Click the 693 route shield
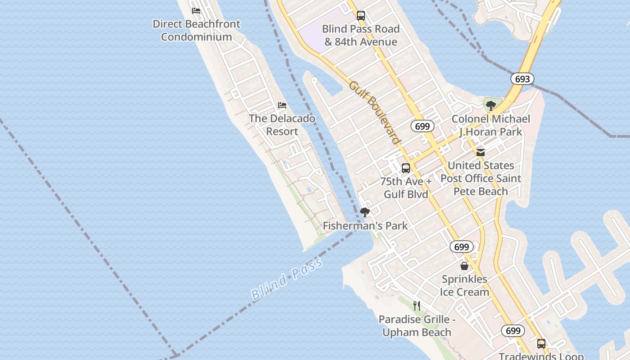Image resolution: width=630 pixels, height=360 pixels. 522,79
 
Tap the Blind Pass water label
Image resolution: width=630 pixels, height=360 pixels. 287,279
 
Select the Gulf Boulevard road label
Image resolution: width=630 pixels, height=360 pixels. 374,112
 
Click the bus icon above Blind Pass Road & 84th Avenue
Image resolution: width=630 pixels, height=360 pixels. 361,16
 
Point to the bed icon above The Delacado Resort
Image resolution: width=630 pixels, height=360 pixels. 282,105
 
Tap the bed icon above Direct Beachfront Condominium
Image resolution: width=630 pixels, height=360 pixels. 196,11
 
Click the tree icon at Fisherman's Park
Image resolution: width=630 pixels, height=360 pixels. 365,212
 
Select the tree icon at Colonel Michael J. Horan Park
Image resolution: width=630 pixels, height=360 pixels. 491,106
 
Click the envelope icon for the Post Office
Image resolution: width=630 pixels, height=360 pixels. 481,153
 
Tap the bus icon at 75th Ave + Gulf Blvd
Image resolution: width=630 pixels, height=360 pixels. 406,168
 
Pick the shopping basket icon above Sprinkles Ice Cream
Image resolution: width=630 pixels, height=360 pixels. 464,266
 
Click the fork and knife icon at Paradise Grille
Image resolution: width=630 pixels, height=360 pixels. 417,306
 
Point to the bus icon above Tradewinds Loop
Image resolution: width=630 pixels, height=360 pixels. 541,344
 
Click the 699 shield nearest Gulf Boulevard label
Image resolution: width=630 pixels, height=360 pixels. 422,126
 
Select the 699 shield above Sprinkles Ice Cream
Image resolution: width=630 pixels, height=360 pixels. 461,247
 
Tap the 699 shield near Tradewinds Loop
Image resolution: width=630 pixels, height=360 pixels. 513,331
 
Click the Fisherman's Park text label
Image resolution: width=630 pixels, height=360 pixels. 365,226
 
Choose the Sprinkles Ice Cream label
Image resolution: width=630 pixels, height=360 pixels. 464,286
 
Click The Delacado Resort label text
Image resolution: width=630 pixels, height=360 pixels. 282,125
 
